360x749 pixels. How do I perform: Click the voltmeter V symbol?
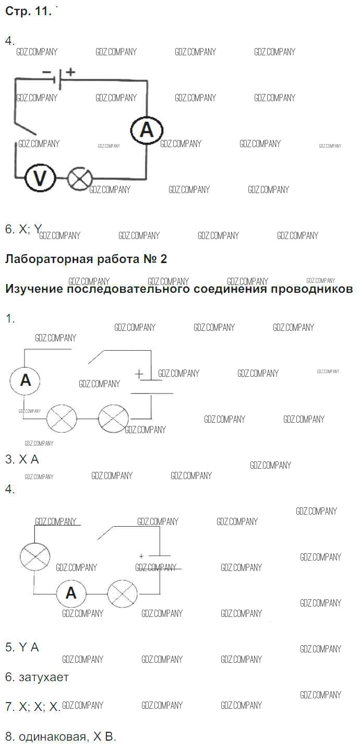tap(40, 179)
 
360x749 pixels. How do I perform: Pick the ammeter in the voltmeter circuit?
tap(147, 129)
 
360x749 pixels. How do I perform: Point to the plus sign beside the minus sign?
tap(70, 72)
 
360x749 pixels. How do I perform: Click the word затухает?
tap(44, 677)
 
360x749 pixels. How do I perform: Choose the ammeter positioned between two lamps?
tap(71, 592)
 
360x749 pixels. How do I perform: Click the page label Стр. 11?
tap(28, 11)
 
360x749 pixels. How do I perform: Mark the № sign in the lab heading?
tap(150, 259)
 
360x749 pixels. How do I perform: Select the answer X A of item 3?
tap(29, 459)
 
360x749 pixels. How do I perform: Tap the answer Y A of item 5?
tap(29, 647)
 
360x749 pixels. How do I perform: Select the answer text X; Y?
tap(30, 229)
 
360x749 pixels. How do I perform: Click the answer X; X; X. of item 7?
tap(40, 707)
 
